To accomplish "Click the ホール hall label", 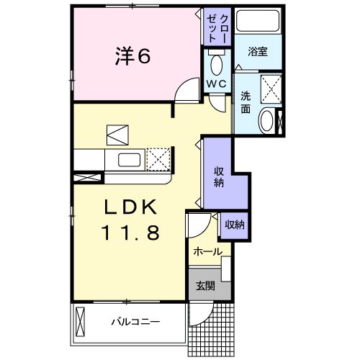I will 207,252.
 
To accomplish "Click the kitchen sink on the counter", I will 130,159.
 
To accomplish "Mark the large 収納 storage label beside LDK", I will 217,176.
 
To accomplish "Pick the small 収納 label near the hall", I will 234,225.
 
